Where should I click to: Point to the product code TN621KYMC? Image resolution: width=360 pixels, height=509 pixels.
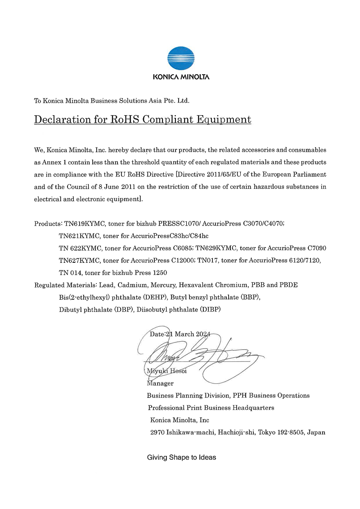(79, 236)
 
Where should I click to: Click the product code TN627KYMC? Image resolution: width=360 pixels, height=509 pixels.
(79, 261)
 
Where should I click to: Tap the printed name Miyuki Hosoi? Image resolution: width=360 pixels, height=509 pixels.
(166, 371)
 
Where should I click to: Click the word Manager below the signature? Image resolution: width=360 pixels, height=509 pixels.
(160, 383)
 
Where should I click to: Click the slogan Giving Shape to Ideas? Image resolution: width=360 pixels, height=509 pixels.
(181, 457)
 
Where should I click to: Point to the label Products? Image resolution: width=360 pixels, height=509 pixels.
(48, 223)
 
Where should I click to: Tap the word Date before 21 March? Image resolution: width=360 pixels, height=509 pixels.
(157, 334)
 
